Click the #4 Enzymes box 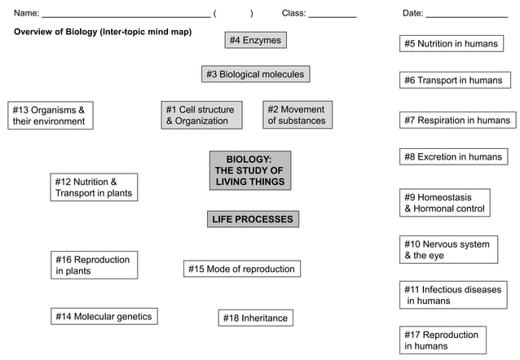pos(255,40)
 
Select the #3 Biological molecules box pos(255,74)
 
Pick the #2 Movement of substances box pos(297,115)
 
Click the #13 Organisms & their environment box pos(49,115)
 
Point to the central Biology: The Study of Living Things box pos(249,170)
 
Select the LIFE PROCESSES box pos(252,219)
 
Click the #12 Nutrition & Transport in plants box pos(93,187)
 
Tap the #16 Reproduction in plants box pos(93,265)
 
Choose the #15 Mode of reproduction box pos(241,269)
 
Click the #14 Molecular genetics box pos(103,316)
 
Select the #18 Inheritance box pos(255,318)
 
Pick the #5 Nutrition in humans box pos(451,43)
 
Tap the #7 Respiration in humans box pos(457,120)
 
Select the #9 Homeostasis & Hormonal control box pos(445,203)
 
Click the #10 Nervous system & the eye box pos(448,249)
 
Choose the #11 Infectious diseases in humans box pos(453,295)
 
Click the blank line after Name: pos(126,15)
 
